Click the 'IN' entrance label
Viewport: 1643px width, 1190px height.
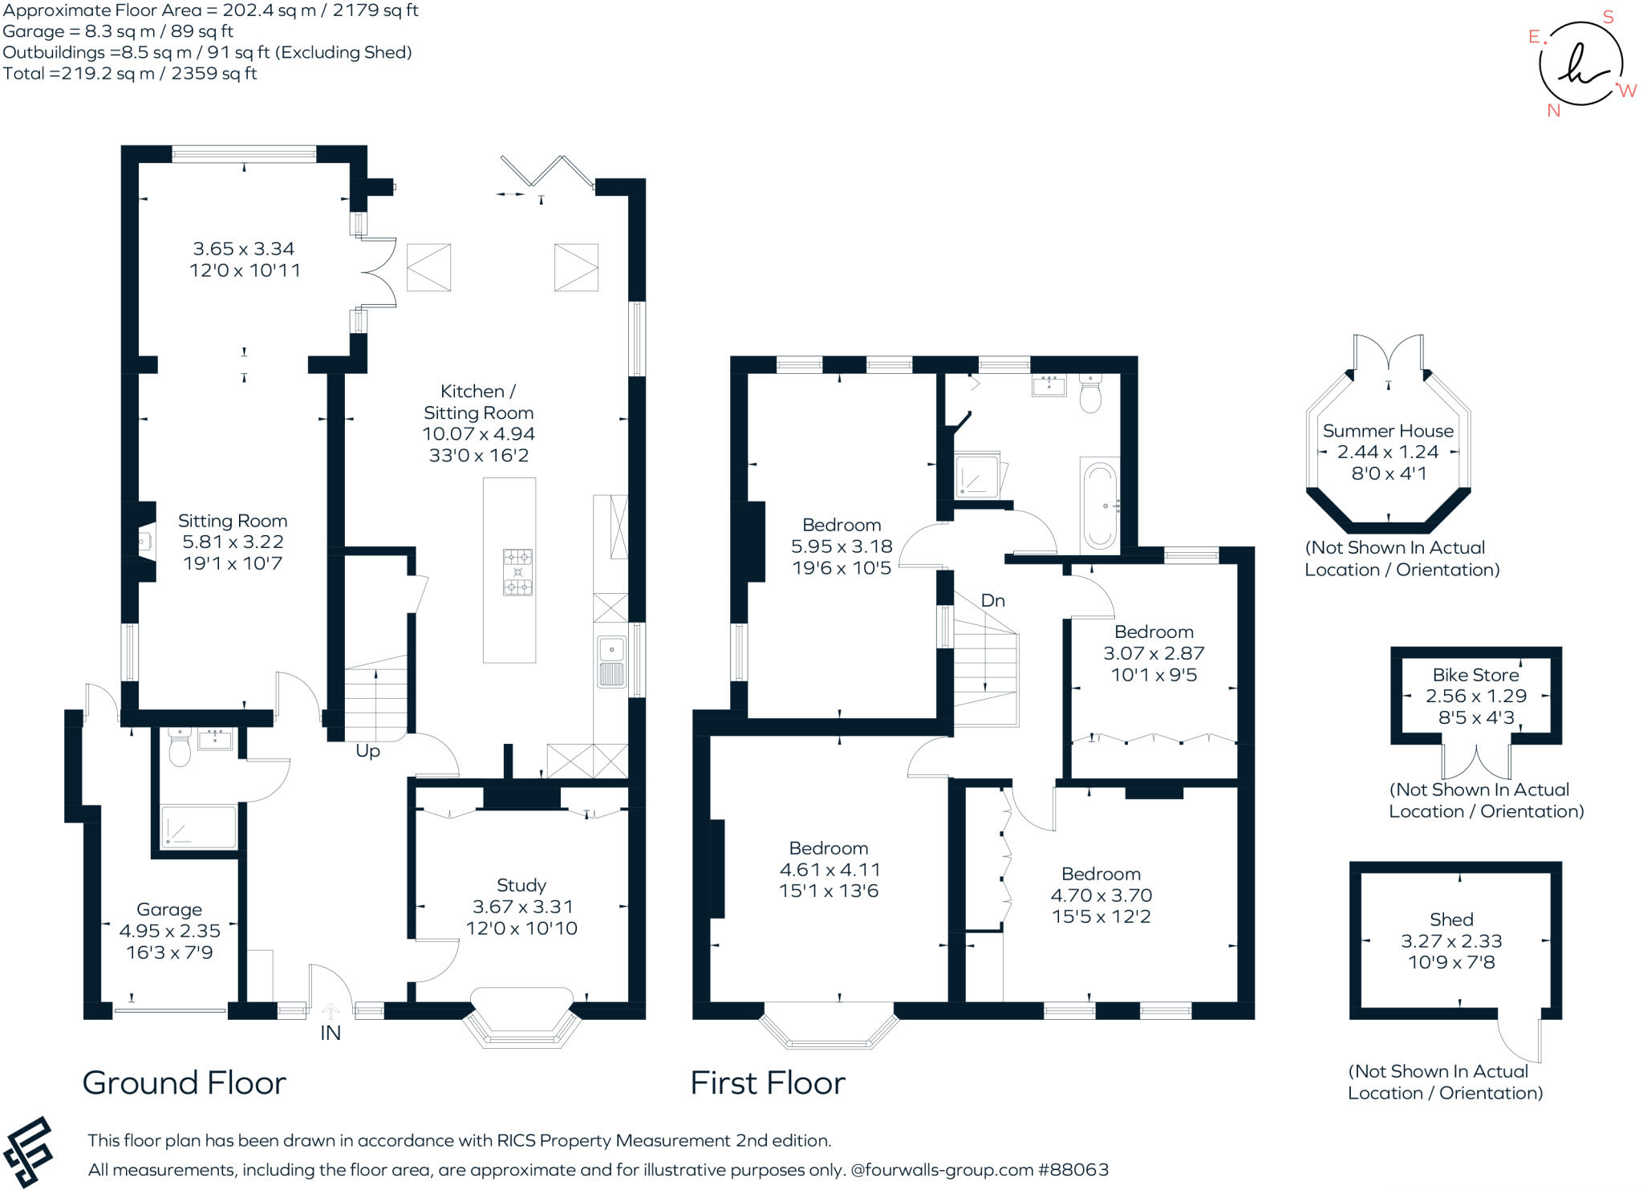(330, 1033)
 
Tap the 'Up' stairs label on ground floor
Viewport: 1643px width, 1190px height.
(367, 751)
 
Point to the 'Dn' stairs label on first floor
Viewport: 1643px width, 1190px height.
(992, 600)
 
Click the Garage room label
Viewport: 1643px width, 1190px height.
(168, 909)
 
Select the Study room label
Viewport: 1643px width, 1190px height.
(521, 885)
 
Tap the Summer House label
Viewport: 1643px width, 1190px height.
(1388, 431)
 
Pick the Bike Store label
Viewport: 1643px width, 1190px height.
(1475, 675)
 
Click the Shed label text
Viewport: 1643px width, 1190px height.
(1451, 920)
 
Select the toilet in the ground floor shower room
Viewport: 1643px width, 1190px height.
(180, 750)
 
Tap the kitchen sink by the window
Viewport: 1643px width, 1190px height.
(611, 662)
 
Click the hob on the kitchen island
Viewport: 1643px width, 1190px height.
(517, 572)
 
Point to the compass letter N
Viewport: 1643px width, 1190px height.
(1553, 111)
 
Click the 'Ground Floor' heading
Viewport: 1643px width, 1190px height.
(185, 1083)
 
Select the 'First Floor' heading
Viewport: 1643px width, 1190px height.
(768, 1083)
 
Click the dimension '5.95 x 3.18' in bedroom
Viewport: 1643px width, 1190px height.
(842, 546)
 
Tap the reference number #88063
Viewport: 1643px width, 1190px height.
(1073, 1170)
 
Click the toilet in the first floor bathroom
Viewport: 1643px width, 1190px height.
(1090, 394)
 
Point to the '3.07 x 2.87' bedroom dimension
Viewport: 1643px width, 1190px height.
(1154, 653)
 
